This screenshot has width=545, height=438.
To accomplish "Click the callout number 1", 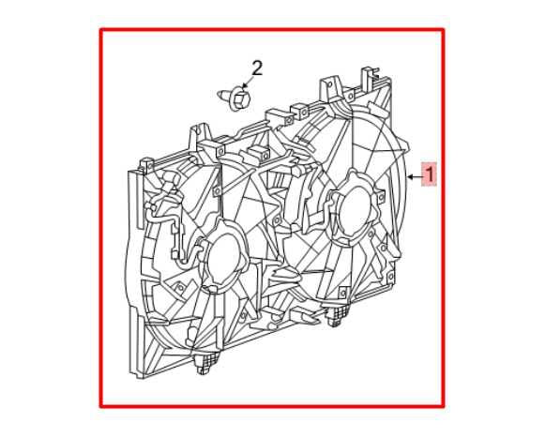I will click(430, 174).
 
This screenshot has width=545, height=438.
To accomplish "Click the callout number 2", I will click(256, 68).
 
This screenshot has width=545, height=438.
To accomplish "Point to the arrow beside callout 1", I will click(414, 175).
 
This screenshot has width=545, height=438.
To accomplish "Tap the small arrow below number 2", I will click(246, 84).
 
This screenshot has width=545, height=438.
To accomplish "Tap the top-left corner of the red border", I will click(101, 29).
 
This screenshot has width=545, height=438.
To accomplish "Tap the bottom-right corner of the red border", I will click(443, 406).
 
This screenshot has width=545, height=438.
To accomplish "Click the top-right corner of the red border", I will click(443, 29).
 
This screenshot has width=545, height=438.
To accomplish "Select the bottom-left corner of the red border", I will click(101, 406).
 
